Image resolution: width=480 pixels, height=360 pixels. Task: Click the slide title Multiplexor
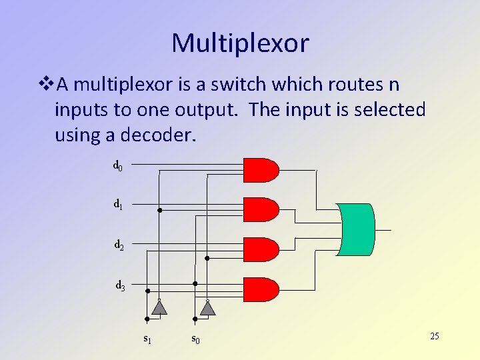pos(240,43)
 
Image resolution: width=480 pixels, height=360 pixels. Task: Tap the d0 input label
pos(117,165)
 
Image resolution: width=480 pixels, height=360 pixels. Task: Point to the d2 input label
pos(119,245)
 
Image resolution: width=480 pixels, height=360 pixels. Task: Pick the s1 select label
pos(147,339)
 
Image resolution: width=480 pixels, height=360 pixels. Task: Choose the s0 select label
pos(196,339)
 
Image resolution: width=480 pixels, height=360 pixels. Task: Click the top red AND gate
pos(261,170)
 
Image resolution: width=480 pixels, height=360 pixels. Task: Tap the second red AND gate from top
pos(261,210)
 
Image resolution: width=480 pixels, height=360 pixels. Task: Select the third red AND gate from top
pos(261,249)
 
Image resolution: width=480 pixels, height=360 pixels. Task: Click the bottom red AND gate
pos(261,289)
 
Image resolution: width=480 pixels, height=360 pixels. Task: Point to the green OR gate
pos(357,229)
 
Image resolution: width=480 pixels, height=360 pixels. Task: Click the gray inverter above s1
pos(159,307)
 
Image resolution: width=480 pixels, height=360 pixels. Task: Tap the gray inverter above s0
pos(208,307)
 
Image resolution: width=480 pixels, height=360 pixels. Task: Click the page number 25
pos(434,336)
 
